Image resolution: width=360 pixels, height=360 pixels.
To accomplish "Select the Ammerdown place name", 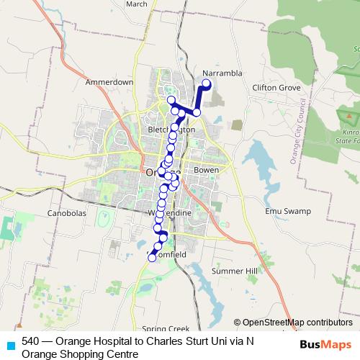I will pyautogui.click(x=109, y=82).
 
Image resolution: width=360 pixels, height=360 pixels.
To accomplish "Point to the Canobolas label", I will pyautogui.click(x=66, y=214).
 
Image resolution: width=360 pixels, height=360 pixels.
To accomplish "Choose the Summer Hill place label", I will pyautogui.click(x=234, y=271).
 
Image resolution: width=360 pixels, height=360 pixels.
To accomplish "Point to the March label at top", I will pyautogui.click(x=137, y=4).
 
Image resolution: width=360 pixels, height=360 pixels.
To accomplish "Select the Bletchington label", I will pyautogui.click(x=171, y=130).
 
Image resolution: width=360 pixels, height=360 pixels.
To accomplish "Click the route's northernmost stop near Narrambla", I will pyautogui.click(x=206, y=84).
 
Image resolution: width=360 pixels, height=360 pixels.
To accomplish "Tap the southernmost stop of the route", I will pyautogui.click(x=152, y=257).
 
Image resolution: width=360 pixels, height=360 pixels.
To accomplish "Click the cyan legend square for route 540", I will pyautogui.click(x=10, y=344).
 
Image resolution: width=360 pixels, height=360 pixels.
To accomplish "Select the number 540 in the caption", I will pyautogui.click(x=31, y=341).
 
